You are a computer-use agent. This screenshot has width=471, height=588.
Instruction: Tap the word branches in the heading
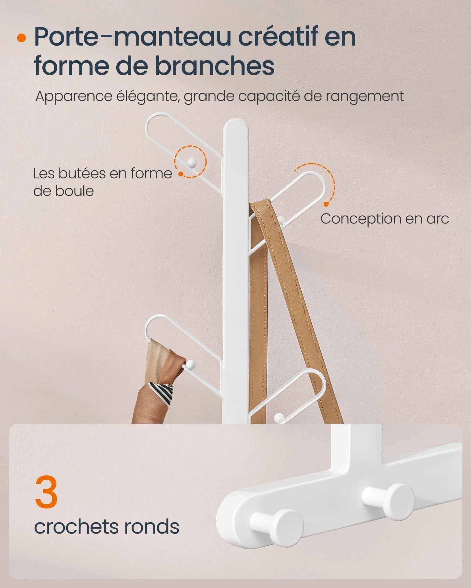(215, 66)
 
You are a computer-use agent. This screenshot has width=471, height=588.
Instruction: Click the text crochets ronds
(107, 527)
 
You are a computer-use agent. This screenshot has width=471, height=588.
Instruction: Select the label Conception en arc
(384, 219)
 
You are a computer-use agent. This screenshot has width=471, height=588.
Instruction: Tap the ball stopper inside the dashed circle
(191, 161)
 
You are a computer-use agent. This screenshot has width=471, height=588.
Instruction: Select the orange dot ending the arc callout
(326, 204)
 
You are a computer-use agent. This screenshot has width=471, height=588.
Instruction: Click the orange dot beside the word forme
(181, 174)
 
